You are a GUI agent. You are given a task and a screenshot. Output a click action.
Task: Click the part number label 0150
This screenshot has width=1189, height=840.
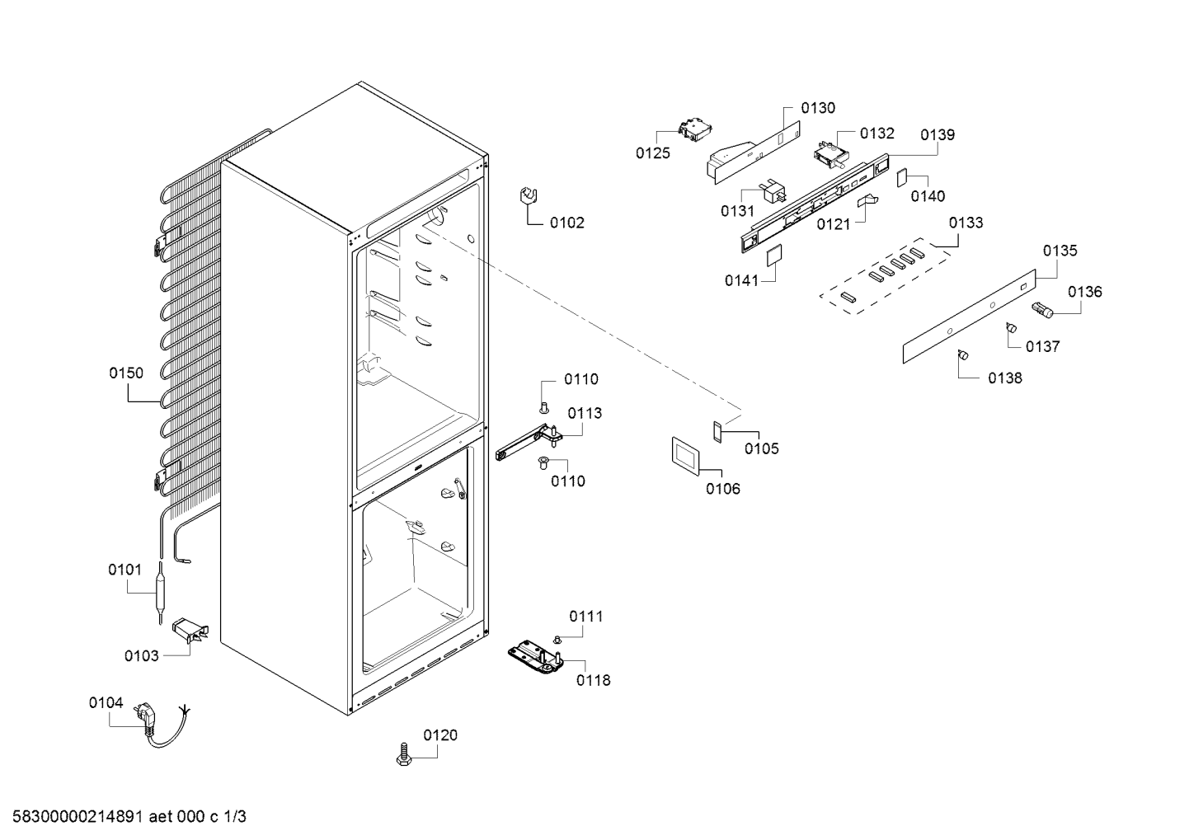(x=126, y=373)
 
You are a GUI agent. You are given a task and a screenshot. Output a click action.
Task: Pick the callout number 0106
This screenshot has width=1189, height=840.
(x=722, y=489)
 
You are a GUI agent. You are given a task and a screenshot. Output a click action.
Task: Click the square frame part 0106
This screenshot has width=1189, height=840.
(x=685, y=457)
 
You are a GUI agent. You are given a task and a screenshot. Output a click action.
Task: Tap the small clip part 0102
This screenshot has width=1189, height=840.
(x=529, y=197)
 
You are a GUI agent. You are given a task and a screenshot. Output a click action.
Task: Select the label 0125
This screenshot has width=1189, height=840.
(x=653, y=153)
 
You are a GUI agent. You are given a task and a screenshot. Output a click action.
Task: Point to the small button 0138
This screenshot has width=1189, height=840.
(x=963, y=354)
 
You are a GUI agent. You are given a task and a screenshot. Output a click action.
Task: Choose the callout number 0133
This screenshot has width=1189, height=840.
(x=966, y=223)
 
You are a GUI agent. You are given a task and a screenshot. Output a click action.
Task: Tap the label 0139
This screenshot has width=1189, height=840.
(x=938, y=135)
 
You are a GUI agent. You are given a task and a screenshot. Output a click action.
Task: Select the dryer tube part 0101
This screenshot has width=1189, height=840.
(x=160, y=593)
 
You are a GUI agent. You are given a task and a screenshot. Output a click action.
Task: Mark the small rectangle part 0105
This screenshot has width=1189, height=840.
(x=717, y=432)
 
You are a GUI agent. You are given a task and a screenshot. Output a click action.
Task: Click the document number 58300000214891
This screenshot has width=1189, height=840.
(x=78, y=817)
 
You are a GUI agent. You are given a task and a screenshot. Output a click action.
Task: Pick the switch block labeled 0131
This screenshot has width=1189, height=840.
(x=773, y=191)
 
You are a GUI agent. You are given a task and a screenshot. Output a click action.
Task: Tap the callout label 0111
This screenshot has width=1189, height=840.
(x=586, y=617)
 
